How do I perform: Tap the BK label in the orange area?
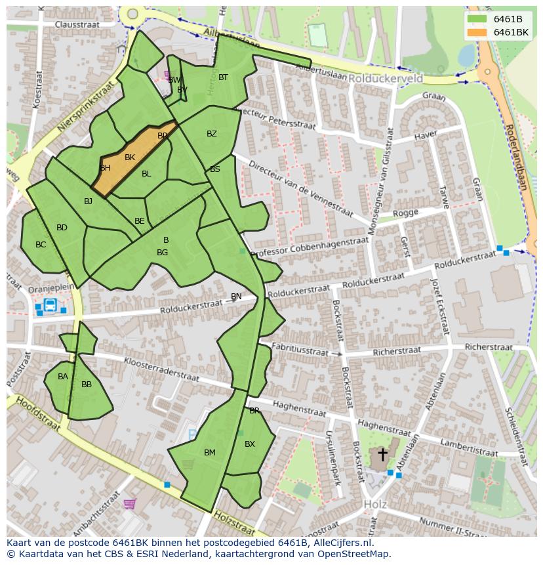(x=129, y=157)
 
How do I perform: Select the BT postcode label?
(x=223, y=77)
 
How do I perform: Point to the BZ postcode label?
(x=211, y=134)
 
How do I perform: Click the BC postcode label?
(x=41, y=245)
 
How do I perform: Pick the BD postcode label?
(x=62, y=228)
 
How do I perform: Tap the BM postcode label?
(x=209, y=453)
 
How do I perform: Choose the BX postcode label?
(x=249, y=444)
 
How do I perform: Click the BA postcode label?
(x=62, y=377)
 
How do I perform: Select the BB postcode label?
(x=86, y=385)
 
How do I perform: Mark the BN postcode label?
(x=236, y=297)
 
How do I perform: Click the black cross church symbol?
(x=382, y=454)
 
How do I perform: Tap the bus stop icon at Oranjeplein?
(x=50, y=304)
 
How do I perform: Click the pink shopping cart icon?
(x=129, y=504)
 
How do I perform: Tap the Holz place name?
(x=374, y=505)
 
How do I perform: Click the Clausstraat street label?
(x=76, y=24)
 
